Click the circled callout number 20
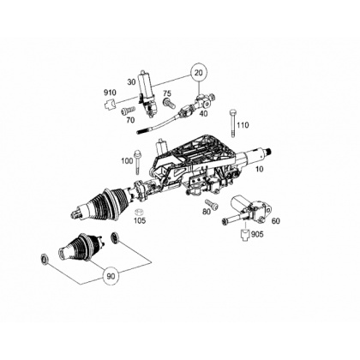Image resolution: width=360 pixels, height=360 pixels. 198,73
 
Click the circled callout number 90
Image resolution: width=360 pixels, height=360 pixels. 111,276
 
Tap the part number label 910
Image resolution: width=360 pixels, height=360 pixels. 110,93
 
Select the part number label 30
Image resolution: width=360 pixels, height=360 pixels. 131,82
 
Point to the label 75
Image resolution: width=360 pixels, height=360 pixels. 167,93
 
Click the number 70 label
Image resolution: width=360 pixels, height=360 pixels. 130,120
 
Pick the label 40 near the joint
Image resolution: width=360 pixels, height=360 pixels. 204,113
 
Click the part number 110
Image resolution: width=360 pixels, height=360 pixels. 243,125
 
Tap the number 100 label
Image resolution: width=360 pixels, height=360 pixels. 127,161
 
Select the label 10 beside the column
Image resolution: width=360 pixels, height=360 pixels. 259,169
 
